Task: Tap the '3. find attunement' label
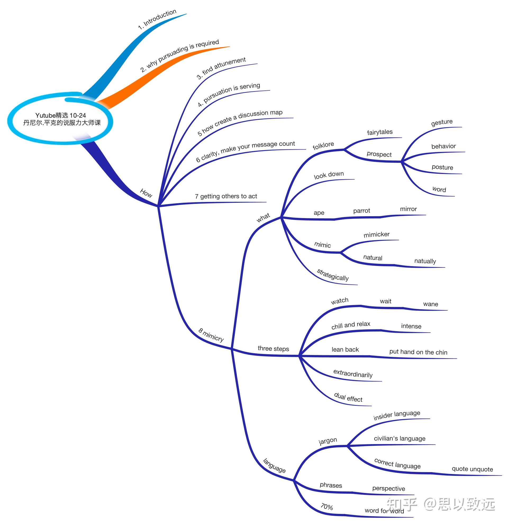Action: coord(221,68)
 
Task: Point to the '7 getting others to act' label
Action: coord(226,196)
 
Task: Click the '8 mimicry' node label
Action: coord(211,335)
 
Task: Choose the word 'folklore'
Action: coord(323,146)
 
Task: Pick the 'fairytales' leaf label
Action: coord(380,132)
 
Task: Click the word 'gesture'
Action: coord(442,122)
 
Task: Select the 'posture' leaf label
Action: coord(442,167)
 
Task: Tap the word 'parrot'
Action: coord(362,211)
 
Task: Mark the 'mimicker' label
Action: coord(377,235)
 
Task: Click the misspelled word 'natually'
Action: coord(425,261)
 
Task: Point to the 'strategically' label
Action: coord(333,275)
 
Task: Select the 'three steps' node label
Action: coord(273,349)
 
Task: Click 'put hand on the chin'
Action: coord(418,352)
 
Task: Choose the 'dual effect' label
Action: coord(348,398)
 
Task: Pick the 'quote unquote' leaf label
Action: coord(472,469)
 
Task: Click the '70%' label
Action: coord(327,507)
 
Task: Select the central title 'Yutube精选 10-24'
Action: coord(61,116)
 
